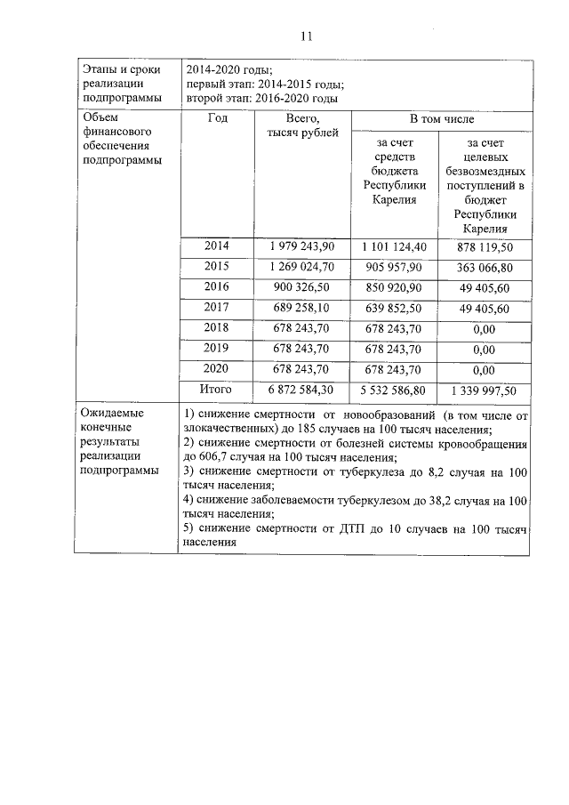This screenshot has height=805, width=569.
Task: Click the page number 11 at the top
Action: (x=307, y=36)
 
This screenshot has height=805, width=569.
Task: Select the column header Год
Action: (x=218, y=118)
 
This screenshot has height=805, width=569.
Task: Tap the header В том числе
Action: (x=441, y=118)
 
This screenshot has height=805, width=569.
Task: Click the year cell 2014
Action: (x=217, y=246)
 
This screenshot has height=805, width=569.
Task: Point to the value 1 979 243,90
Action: (x=301, y=246)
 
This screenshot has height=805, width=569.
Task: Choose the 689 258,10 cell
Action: (x=301, y=309)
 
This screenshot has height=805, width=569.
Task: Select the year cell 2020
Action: (x=217, y=369)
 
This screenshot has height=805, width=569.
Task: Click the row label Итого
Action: (x=217, y=390)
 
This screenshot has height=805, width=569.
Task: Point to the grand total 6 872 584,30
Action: (x=301, y=390)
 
